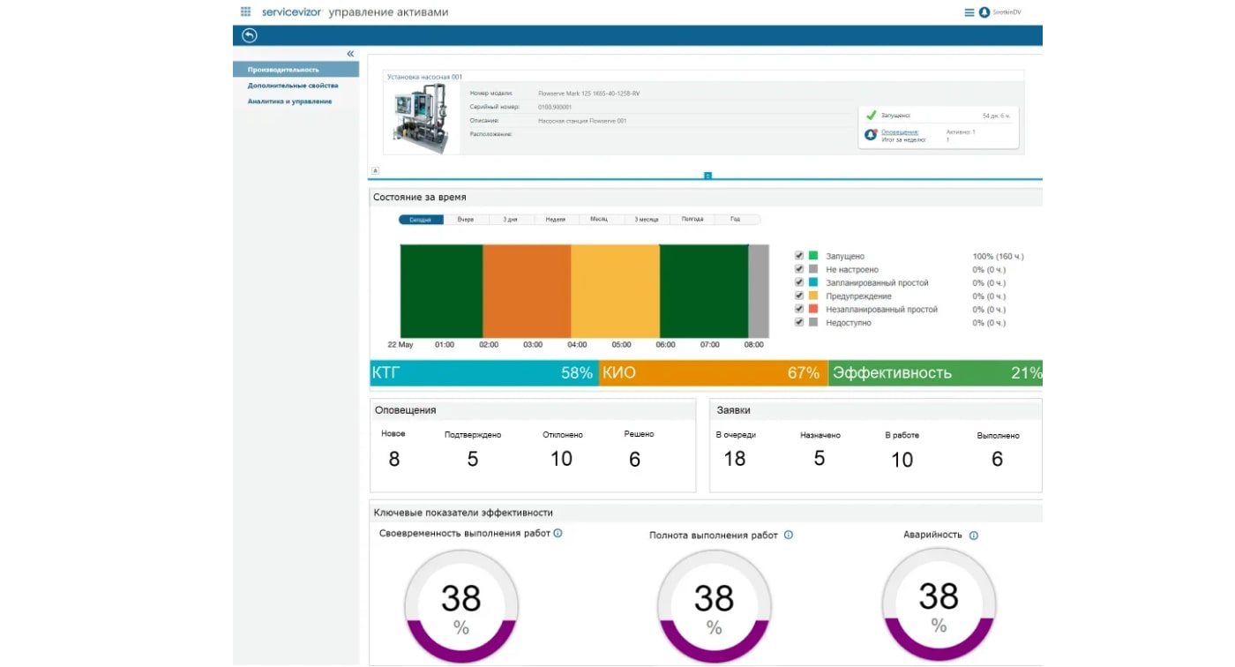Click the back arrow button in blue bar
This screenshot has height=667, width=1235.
point(249,35)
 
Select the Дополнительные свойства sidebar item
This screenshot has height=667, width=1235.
point(292,86)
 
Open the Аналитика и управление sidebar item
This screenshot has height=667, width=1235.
point(289,101)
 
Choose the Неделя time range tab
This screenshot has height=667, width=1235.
point(556,220)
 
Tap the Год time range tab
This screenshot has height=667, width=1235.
point(736,220)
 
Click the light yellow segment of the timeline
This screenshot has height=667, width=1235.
point(615,290)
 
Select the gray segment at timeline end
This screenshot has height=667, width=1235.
point(759,290)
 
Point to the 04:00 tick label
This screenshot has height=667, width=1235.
point(577,345)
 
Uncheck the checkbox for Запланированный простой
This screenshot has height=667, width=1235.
point(799,283)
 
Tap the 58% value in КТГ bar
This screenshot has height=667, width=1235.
point(577,373)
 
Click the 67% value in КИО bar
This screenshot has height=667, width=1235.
point(804,373)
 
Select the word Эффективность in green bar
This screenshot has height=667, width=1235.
point(892,373)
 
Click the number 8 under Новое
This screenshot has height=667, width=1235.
point(394,459)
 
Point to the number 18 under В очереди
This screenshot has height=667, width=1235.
point(735,459)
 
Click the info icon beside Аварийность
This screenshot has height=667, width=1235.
point(974,536)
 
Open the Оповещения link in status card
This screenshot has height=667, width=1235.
point(900,132)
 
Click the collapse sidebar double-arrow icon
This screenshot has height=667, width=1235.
point(350,55)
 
